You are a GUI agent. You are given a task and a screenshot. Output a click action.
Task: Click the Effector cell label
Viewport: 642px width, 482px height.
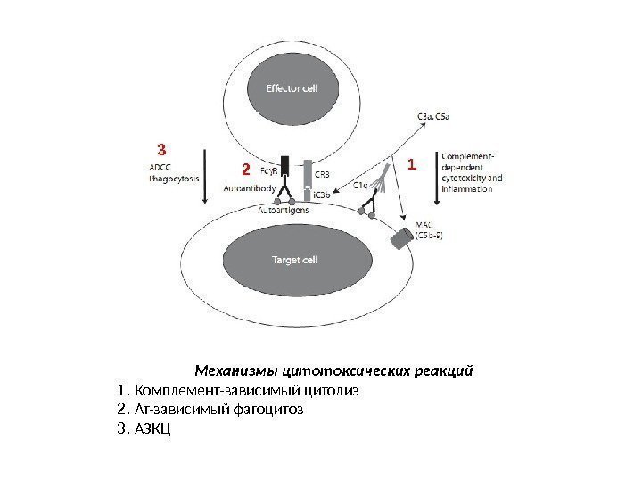click(x=292, y=88)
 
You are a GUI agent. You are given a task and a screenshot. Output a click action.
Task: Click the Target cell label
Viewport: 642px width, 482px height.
click(x=293, y=262)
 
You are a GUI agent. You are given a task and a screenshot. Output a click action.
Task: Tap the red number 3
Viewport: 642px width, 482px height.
click(x=161, y=147)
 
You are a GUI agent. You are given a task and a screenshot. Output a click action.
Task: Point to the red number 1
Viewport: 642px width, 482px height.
click(x=411, y=165)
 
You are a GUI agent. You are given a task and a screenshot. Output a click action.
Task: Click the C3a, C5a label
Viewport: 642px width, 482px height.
click(x=434, y=115)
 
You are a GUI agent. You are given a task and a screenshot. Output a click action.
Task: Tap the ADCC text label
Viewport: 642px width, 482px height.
click(x=161, y=166)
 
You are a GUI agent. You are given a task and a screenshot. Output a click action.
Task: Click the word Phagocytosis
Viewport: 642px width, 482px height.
click(x=175, y=179)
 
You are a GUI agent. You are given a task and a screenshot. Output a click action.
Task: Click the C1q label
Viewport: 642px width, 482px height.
click(x=363, y=186)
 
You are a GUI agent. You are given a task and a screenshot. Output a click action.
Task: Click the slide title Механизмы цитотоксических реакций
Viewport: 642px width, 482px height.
click(x=333, y=369)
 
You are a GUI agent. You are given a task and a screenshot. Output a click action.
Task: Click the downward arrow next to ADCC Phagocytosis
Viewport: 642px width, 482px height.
click(x=207, y=174)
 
